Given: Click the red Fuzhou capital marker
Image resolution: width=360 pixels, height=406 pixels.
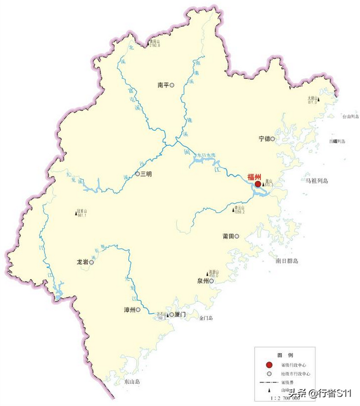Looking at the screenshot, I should point(258,184).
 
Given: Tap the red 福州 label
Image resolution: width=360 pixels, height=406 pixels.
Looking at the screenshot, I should point(255,176).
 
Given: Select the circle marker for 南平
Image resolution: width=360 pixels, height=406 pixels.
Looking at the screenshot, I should point(172,86).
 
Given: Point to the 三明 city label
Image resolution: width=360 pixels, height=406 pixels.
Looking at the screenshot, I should point(146,174).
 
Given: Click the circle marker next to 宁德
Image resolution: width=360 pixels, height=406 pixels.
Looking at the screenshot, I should point(273,139).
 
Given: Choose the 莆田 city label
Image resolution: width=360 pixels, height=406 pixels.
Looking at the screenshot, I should point(228,237).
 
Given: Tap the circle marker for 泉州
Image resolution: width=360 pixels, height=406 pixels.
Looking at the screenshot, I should point(213,280).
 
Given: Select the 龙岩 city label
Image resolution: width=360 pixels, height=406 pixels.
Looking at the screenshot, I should point(82,262).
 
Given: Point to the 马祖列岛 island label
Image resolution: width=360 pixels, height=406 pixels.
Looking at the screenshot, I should point(317,181).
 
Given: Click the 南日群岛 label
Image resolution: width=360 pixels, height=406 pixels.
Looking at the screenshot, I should point(287,261).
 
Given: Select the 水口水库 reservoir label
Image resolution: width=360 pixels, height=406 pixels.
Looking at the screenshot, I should point(206,155).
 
